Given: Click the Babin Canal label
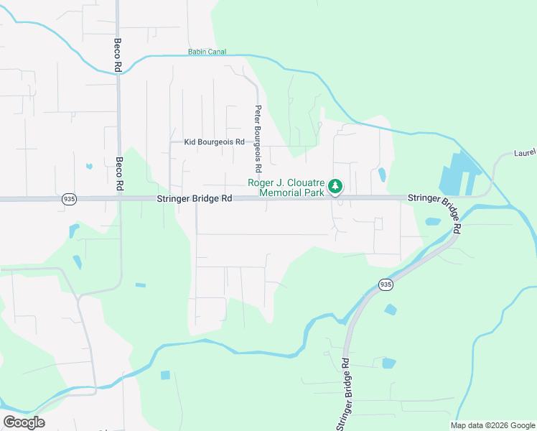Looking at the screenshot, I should (x=207, y=52).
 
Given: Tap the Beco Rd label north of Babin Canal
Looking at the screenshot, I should (x=116, y=51).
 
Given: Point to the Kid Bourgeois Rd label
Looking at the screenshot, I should (x=215, y=142).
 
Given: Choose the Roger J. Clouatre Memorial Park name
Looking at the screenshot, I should (x=286, y=187).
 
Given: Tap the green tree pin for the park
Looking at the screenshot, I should (x=335, y=187).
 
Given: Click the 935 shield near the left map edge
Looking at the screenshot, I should (x=69, y=199).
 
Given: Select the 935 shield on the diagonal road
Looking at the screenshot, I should (x=386, y=284).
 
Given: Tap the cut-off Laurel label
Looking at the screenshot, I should (x=525, y=153).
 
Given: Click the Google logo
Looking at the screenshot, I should (x=24, y=422).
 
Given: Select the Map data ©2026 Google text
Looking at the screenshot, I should (x=492, y=425).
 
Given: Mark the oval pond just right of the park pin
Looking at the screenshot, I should (x=381, y=174).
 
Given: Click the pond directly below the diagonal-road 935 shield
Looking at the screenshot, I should (x=390, y=310).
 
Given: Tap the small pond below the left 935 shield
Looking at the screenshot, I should (x=73, y=231).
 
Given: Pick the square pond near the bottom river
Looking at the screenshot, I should (x=166, y=375).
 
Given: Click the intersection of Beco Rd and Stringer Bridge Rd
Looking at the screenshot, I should (x=119, y=199).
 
